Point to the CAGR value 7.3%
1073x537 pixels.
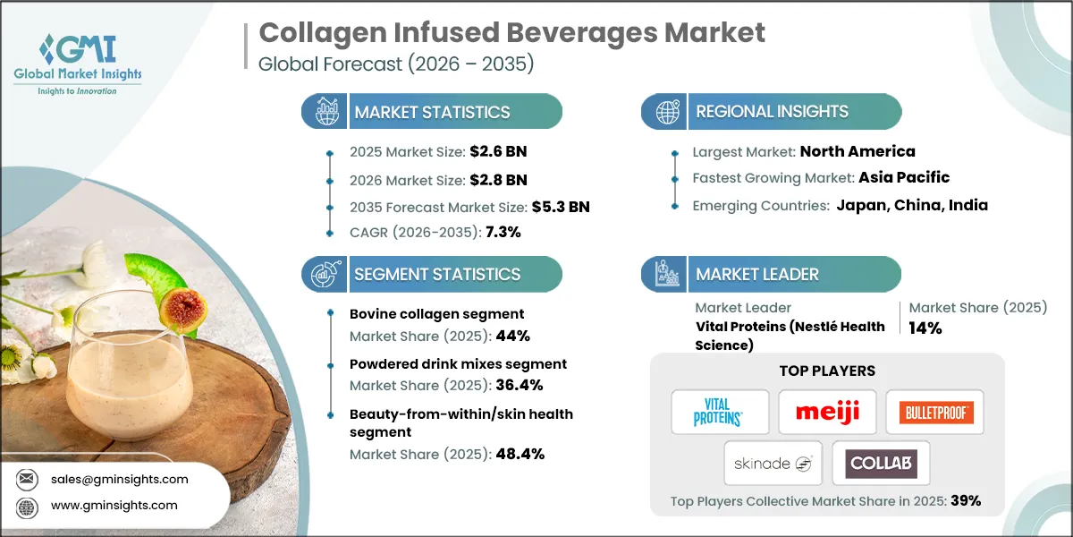(503, 232)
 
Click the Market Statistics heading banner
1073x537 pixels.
(433, 112)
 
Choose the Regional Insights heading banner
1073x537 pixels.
(772, 112)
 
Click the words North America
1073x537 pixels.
(858, 151)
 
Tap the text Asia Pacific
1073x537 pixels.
(904, 177)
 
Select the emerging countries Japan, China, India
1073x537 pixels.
(912, 205)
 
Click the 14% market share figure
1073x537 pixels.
(925, 328)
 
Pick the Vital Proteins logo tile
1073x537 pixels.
(720, 413)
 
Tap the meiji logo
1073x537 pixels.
(826, 413)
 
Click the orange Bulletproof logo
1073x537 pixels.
(934, 413)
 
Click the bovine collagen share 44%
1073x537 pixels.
(516, 336)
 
